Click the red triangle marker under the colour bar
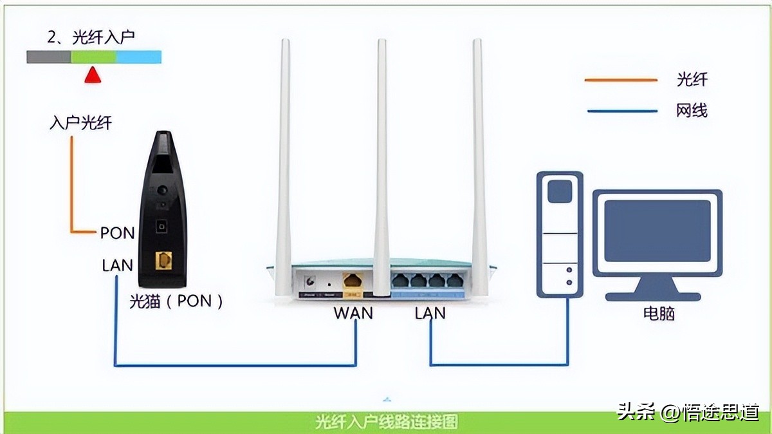pyautogui.click(x=93, y=75)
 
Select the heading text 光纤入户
pyautogui.click(x=102, y=37)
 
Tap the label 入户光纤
pyautogui.click(x=80, y=122)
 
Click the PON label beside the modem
pyautogui.click(x=117, y=233)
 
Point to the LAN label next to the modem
pyautogui.click(x=117, y=265)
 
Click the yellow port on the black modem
pyautogui.click(x=164, y=261)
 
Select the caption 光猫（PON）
pyautogui.click(x=176, y=301)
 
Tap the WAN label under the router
pyautogui.click(x=353, y=313)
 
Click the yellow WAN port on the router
pyautogui.click(x=353, y=281)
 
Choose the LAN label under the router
pyautogui.click(x=430, y=313)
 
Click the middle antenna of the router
pyautogui.click(x=382, y=161)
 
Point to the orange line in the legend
pyautogui.click(x=620, y=80)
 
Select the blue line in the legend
pyautogui.click(x=620, y=111)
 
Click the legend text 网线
pyautogui.click(x=692, y=111)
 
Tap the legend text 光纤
pyautogui.click(x=692, y=80)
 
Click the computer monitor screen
pyautogui.click(x=657, y=230)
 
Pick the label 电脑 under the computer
pyautogui.click(x=659, y=314)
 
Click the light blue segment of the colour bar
pyautogui.click(x=138, y=57)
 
